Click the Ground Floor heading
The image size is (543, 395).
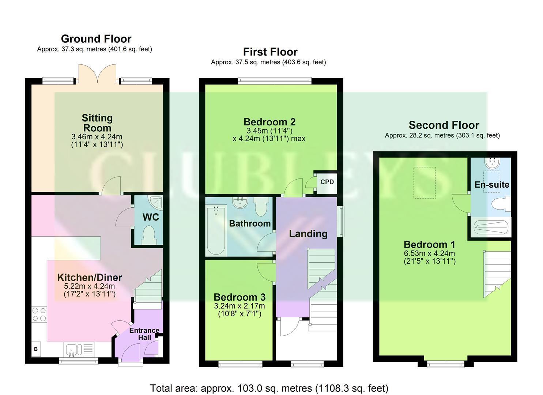pyautogui.click(x=96, y=39)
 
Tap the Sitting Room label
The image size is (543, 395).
pyautogui.click(x=97, y=123)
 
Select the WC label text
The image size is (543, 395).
pyautogui.click(x=151, y=217)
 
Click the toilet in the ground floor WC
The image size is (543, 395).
pyautogui.click(x=149, y=235)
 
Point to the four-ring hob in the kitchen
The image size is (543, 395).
pyautogui.click(x=39, y=314)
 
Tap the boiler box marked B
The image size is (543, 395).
pyautogui.click(x=36, y=349)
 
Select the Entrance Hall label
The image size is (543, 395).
pyautogui.click(x=144, y=334)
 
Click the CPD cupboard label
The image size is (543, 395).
pyautogui.click(x=327, y=182)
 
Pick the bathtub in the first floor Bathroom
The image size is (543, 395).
pyautogui.click(x=216, y=230)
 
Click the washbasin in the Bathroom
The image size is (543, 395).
pyautogui.click(x=240, y=203)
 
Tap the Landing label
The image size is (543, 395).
pyautogui.click(x=308, y=234)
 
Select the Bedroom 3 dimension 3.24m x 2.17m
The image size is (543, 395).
pyautogui.click(x=239, y=306)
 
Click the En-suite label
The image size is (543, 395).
pyautogui.click(x=492, y=185)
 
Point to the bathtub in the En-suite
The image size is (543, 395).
pyautogui.click(x=491, y=227)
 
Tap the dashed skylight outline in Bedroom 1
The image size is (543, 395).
pyautogui.click(x=425, y=183)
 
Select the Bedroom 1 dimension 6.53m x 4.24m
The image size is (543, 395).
pyautogui.click(x=429, y=253)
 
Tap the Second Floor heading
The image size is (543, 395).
pyautogui.click(x=444, y=125)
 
